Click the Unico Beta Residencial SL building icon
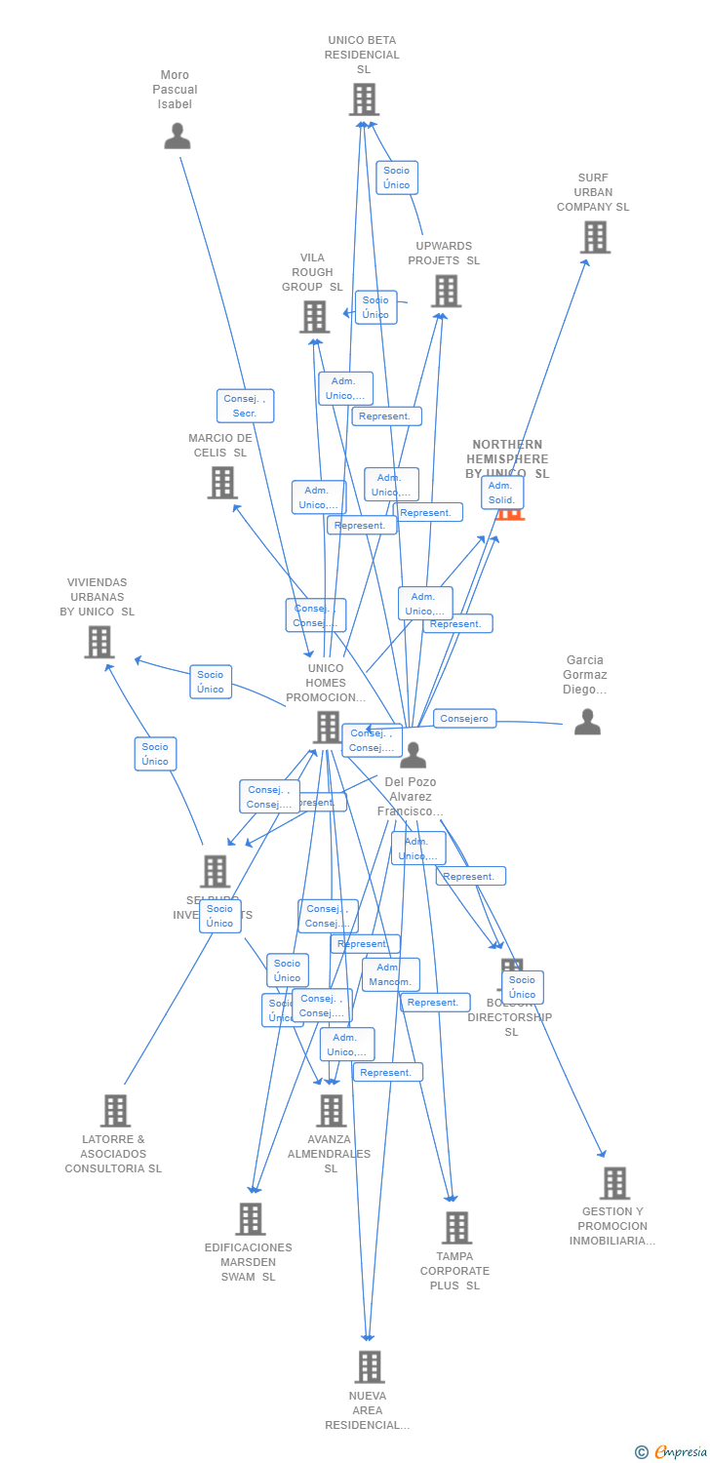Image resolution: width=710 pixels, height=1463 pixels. (x=364, y=99)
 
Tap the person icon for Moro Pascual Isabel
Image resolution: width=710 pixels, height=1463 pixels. (x=177, y=136)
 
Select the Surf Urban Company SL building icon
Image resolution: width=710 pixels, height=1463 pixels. (x=594, y=237)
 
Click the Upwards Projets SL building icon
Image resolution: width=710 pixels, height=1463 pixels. (x=446, y=291)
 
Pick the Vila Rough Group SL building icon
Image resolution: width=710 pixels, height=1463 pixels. (x=314, y=317)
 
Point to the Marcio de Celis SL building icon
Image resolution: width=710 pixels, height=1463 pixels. (x=222, y=482)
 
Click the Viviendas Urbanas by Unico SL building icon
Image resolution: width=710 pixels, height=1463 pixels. (x=99, y=642)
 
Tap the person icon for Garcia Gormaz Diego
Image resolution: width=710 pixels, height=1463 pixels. (x=586, y=722)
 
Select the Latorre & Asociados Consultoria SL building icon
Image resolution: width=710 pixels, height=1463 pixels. (x=115, y=1111)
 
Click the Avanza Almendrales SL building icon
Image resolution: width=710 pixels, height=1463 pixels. (x=331, y=1111)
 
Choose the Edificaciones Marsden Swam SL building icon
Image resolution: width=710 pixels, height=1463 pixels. (x=250, y=1219)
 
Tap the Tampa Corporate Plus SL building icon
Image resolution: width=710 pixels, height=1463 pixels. (x=455, y=1228)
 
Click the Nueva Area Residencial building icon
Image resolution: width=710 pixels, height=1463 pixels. (x=369, y=1367)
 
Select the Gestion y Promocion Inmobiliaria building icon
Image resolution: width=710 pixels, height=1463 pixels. (x=613, y=1183)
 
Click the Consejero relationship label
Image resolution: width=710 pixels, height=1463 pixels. (x=465, y=719)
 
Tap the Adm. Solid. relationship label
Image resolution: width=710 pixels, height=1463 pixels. (x=502, y=493)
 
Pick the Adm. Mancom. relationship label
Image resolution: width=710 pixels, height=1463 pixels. (x=390, y=974)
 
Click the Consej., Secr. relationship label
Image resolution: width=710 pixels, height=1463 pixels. (x=245, y=406)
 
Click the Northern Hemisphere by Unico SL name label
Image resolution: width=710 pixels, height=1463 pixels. (x=507, y=458)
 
